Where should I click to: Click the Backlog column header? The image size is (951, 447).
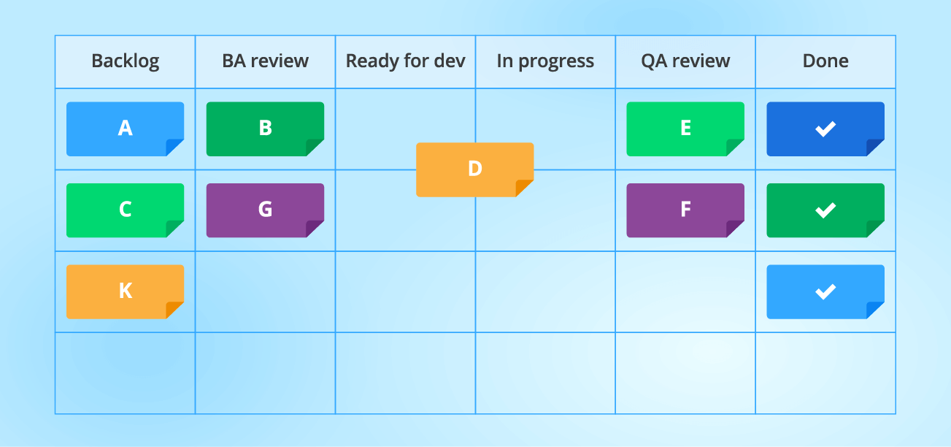pyautogui.click(x=125, y=61)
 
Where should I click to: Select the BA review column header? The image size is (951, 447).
pyautogui.click(x=265, y=61)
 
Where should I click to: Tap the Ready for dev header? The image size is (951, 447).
pyautogui.click(x=405, y=61)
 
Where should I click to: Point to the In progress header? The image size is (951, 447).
pyautogui.click(x=545, y=61)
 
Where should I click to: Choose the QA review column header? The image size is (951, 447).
pyautogui.click(x=685, y=61)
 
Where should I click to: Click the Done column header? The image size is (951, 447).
pyautogui.click(x=825, y=61)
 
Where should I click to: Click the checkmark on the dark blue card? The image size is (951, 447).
pyautogui.click(x=825, y=129)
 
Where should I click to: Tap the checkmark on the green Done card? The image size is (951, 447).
pyautogui.click(x=825, y=210)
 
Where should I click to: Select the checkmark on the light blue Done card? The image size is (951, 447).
pyautogui.click(x=825, y=292)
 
